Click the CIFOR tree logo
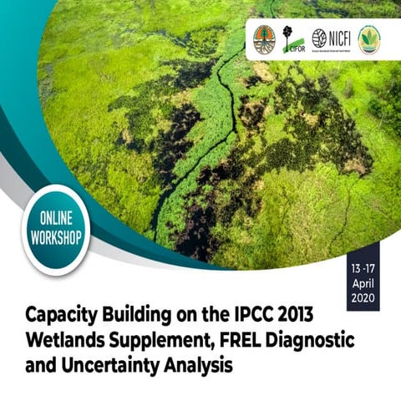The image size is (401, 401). coord(290,38)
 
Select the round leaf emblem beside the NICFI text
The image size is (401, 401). coord(319,38)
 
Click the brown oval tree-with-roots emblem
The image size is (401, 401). coord(264,38)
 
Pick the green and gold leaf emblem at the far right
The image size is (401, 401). coord(368,38)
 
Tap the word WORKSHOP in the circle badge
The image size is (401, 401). coord(56,236)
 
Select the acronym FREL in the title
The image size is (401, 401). coord(250,343)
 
